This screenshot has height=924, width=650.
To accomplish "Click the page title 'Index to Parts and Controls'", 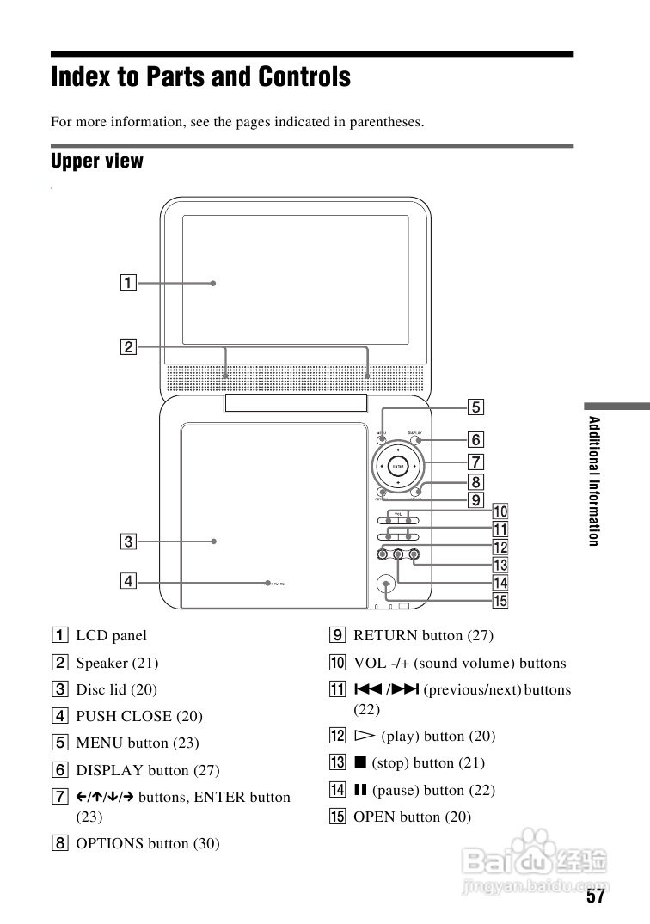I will coord(200,77).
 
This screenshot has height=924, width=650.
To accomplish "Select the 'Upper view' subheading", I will coord(97,161).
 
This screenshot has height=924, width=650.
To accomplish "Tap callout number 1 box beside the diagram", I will coord(127,282).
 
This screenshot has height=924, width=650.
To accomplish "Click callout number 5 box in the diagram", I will coord(475,407).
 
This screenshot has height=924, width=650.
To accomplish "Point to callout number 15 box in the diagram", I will coord(500,601).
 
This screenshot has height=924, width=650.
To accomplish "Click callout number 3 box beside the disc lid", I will coord(127,542).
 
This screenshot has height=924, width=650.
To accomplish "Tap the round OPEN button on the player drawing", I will coord(387,584).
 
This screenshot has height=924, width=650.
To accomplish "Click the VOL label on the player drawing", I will coord(399,513).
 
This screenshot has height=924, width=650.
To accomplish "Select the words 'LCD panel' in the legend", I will coord(111,636).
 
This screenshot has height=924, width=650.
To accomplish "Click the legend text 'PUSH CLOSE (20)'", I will coord(139,716).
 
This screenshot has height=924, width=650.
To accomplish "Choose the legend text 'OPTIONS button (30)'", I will coord(148,843).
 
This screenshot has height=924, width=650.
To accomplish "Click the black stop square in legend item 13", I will coord(359,763).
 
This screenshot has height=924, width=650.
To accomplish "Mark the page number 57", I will coord(596,897).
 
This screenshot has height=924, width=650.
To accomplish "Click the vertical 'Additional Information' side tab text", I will coord(592,480).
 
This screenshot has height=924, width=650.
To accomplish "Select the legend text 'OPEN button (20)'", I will coord(412,817).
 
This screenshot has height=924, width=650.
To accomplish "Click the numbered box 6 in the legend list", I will coord(60,770).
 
